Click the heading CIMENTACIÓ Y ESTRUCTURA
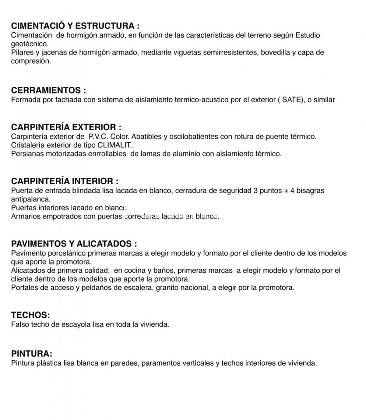[x=75, y=26]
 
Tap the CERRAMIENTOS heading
[x=48, y=91]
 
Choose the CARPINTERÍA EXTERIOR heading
[x=66, y=127]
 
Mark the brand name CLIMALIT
[x=115, y=145]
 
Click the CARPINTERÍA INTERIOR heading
[x=65, y=181]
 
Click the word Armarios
[x=25, y=216]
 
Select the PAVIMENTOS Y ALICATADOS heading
[x=74, y=244]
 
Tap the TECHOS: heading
[x=30, y=315]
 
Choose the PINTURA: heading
[x=32, y=354]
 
